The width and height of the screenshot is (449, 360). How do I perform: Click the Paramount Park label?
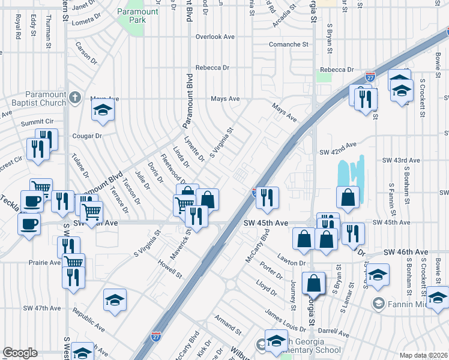click(x=139, y=16)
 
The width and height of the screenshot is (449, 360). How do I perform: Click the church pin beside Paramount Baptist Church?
click(x=74, y=97)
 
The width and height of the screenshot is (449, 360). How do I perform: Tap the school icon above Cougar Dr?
click(x=103, y=110)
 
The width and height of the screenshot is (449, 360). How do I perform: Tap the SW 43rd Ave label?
click(x=401, y=161)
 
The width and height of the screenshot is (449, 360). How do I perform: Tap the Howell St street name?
click(x=170, y=269)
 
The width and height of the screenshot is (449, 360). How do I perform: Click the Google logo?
click(x=20, y=353)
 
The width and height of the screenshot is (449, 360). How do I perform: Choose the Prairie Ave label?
click(x=45, y=262)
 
